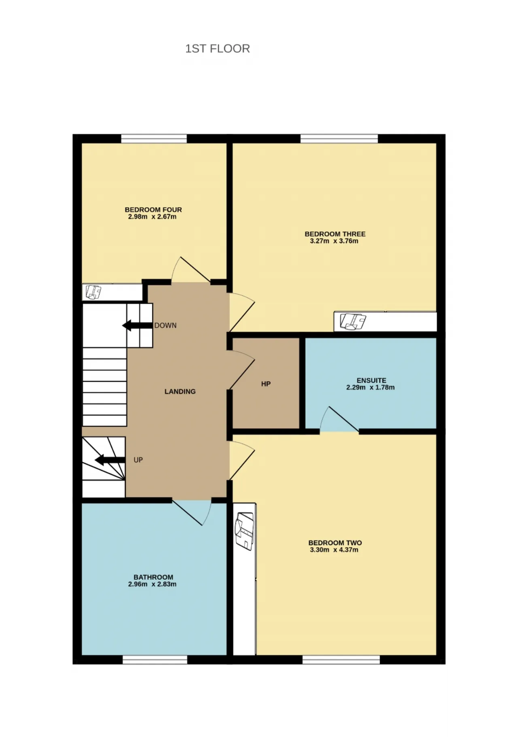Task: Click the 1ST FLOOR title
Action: (217, 49)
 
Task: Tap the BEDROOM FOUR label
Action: (153, 210)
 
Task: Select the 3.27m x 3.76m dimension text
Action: (334, 241)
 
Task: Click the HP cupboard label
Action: (265, 384)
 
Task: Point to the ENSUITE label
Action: (371, 380)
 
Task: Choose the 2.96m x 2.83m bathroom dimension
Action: (152, 584)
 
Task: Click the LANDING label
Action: (180, 391)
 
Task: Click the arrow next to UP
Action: (110, 460)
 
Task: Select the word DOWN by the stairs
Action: (165, 325)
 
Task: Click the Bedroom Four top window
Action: (154, 139)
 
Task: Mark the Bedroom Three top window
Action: (339, 139)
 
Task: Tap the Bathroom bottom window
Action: (155, 660)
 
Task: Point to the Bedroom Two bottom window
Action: (341, 660)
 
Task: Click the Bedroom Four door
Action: (190, 270)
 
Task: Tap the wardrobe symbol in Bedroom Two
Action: (244, 531)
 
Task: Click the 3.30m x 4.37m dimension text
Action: (334, 550)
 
